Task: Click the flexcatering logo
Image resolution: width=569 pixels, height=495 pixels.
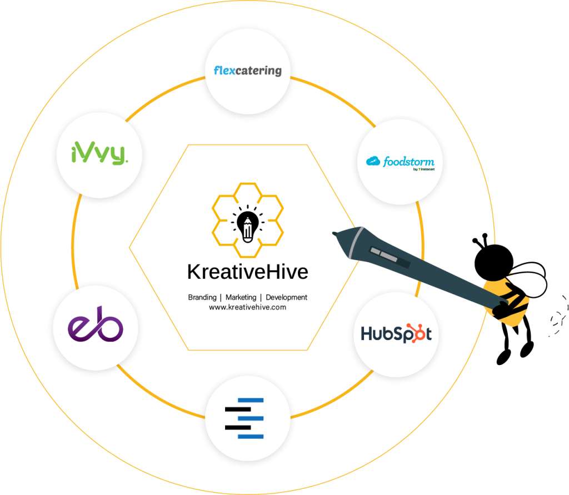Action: (x=248, y=71)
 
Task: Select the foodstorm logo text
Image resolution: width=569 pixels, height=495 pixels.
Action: (x=407, y=162)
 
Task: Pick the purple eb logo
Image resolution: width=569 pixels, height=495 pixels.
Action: (x=96, y=328)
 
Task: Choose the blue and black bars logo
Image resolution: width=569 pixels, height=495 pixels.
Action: (x=245, y=418)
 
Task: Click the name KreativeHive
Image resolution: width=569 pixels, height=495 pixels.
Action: (x=247, y=272)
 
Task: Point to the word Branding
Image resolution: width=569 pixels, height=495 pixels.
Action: (x=202, y=297)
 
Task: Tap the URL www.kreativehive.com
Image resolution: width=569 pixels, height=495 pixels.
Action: (x=247, y=307)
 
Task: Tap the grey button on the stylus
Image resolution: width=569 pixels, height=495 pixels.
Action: (x=383, y=254)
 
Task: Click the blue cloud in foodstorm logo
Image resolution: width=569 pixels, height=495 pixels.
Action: (x=373, y=162)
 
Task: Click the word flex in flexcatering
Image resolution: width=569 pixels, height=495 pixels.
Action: (x=225, y=71)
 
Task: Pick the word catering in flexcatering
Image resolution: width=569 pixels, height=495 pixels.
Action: (x=259, y=71)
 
